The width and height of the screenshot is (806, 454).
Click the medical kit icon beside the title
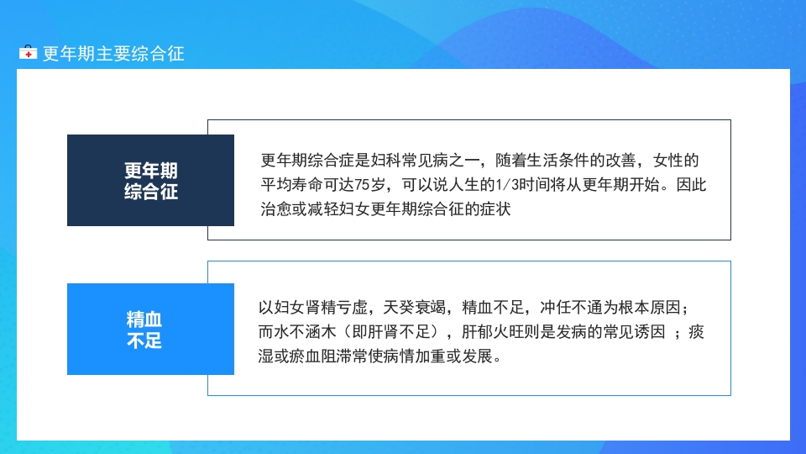pos(29,54)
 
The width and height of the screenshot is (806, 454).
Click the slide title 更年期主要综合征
pos(113,54)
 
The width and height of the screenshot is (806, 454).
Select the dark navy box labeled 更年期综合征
pos(151,180)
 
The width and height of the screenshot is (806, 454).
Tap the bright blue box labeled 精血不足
pos(151,330)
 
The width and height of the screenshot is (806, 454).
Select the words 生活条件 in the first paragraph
pos(560,161)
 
